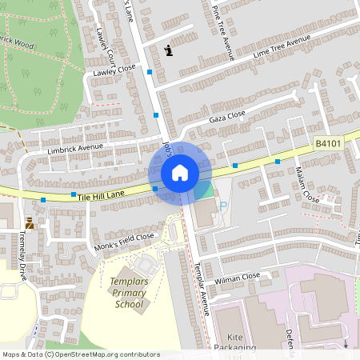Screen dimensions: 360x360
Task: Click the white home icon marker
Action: click(x=180, y=172)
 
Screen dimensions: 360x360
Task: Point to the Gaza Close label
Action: click(x=226, y=116)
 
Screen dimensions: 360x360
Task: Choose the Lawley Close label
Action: click(x=115, y=70)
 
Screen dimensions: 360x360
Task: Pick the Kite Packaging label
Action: click(x=236, y=343)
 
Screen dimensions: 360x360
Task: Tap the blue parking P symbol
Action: click(x=223, y=206)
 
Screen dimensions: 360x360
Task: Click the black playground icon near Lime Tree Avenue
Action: click(x=168, y=51)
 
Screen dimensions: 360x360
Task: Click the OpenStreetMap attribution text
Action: click(x=81, y=354)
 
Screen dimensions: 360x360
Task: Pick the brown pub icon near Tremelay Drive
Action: click(x=30, y=223)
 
